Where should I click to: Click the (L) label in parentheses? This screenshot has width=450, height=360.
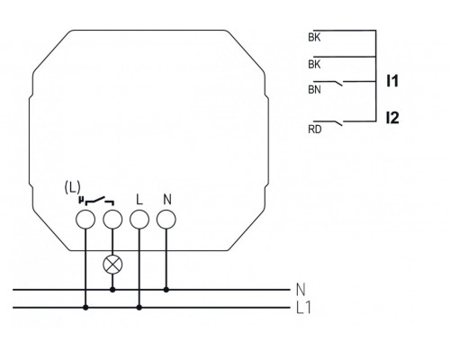(73, 186)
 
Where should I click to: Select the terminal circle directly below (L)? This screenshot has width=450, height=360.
(85, 220)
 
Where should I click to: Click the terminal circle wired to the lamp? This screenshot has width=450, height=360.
(112, 220)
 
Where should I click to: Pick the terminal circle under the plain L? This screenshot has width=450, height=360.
(139, 220)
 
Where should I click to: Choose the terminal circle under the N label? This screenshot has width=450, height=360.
(166, 220)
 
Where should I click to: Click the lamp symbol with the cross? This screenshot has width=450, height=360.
(112, 265)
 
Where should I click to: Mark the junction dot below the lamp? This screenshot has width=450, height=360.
(112, 290)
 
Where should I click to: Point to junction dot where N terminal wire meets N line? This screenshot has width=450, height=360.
(166, 290)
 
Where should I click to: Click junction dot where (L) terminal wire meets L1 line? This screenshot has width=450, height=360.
(85, 307)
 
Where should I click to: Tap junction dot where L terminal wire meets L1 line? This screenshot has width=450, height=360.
(139, 307)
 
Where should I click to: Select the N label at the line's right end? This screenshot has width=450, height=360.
(300, 290)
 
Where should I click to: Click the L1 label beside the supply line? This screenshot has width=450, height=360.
(303, 308)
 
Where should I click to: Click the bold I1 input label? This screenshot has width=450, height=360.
(391, 81)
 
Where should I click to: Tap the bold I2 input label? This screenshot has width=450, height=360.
(391, 118)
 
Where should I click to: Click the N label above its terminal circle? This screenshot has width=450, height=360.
(166, 199)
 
